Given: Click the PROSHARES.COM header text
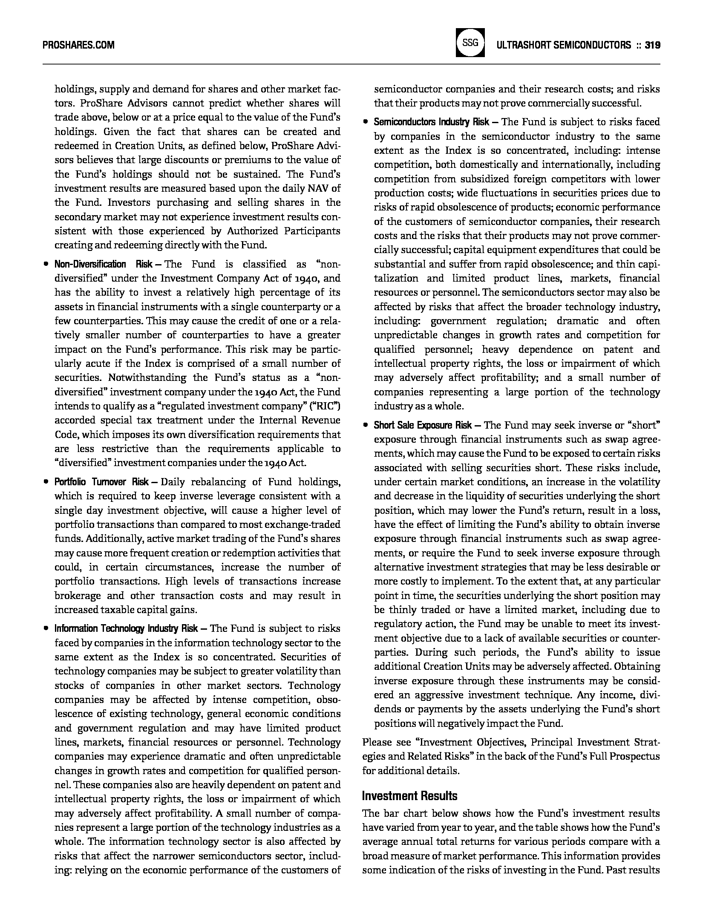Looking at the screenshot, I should (x=78, y=45).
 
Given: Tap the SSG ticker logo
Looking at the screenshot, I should (x=470, y=43).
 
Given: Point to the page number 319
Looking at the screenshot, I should (x=652, y=45).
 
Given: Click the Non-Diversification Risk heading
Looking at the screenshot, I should (x=104, y=264).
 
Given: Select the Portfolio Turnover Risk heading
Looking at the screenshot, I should (x=101, y=482).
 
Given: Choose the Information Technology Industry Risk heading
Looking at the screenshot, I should (x=126, y=628).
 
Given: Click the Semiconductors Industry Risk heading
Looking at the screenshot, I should (x=432, y=122).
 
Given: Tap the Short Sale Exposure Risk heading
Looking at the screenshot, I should (x=423, y=425).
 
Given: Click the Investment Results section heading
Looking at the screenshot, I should (x=409, y=796).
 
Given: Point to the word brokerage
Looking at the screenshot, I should (x=78, y=596).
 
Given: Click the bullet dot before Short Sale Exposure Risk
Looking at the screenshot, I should (x=366, y=425).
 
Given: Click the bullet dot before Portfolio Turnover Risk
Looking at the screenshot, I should (x=46, y=482).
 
